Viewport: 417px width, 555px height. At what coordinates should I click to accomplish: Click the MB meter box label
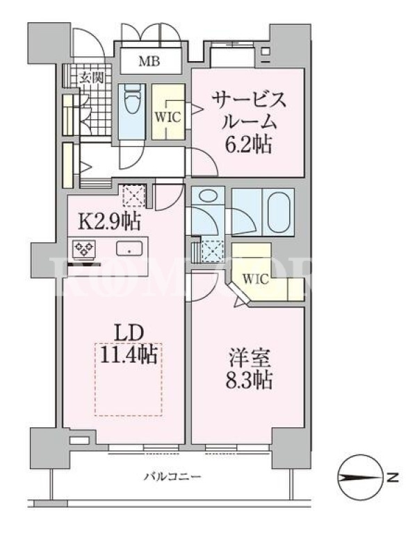point(149,62)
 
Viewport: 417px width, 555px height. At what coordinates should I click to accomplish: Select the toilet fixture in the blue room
point(131,100)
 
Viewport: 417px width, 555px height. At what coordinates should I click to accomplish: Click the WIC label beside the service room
point(168,117)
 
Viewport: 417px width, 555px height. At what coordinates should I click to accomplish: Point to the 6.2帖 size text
point(249,145)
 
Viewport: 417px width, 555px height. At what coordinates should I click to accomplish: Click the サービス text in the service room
point(249,99)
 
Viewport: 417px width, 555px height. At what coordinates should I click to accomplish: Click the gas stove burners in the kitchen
point(84,248)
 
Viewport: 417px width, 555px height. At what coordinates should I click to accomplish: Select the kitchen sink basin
point(129,248)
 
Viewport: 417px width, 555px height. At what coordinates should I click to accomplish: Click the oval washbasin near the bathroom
point(207,196)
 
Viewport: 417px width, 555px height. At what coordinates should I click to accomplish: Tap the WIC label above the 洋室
point(255,280)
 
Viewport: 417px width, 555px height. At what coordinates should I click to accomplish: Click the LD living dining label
point(129,334)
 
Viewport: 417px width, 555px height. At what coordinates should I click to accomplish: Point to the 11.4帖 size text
point(129,355)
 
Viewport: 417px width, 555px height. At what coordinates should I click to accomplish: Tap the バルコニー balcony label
point(172,477)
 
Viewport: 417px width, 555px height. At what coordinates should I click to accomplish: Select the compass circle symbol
point(360,477)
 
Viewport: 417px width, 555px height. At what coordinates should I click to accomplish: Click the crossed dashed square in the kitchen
point(133,196)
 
